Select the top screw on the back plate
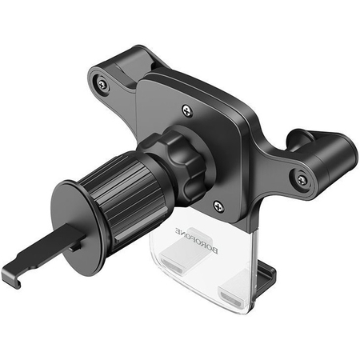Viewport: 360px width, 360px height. coord(187,113)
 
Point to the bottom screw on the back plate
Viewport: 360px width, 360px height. coord(219,206)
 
